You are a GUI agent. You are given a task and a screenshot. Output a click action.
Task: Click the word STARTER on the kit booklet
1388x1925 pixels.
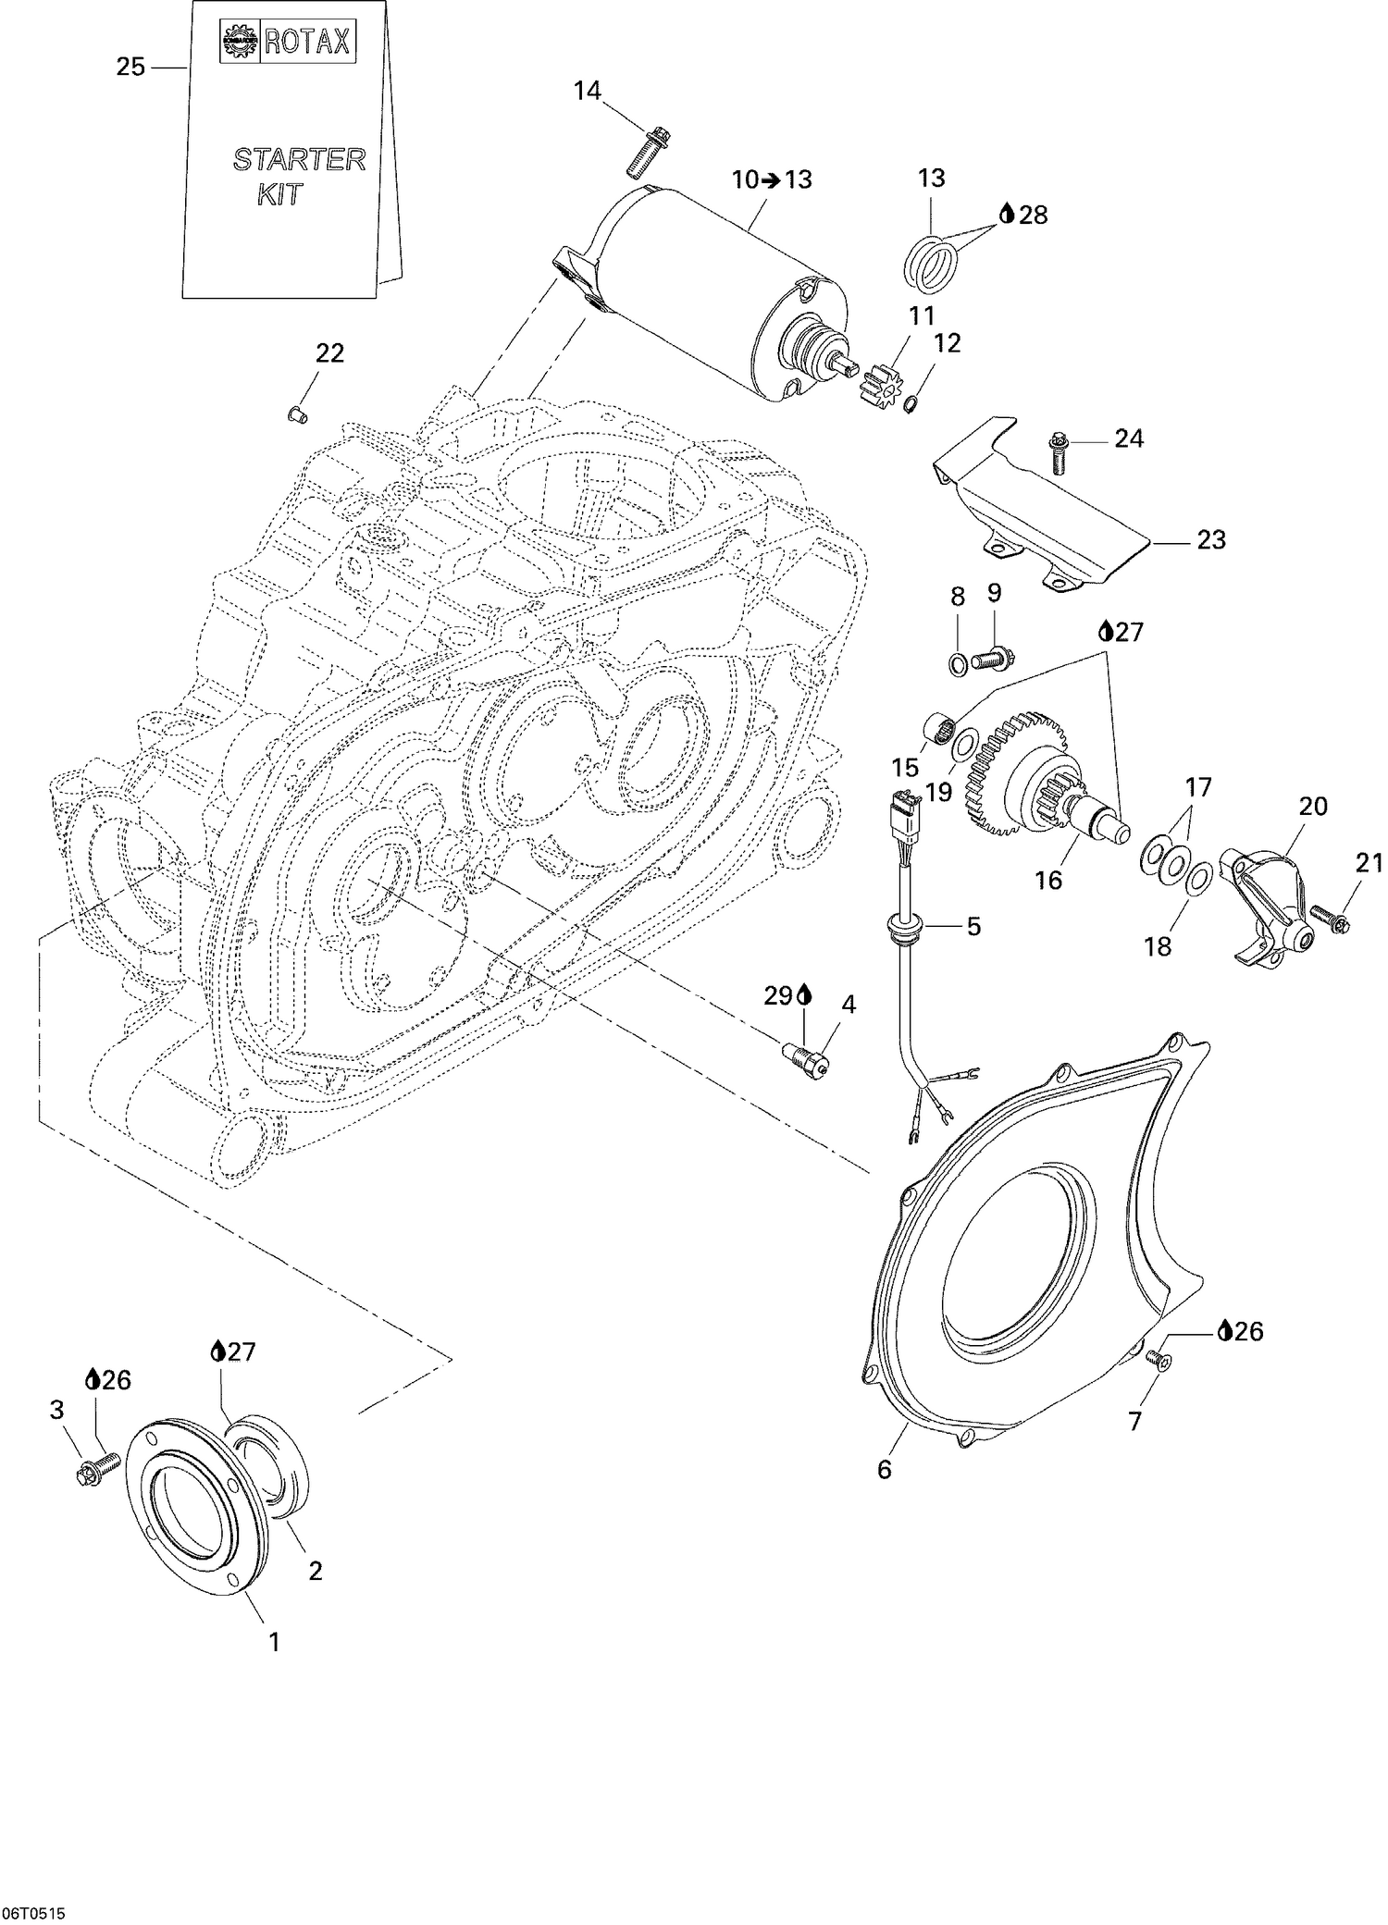click(299, 159)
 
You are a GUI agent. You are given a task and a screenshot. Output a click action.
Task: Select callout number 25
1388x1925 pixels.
click(131, 67)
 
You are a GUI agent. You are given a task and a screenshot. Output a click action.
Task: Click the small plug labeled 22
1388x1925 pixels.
click(297, 414)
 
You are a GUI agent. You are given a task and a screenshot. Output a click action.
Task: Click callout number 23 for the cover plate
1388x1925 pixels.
click(1211, 539)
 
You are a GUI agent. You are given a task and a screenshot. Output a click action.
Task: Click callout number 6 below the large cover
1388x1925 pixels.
click(885, 1469)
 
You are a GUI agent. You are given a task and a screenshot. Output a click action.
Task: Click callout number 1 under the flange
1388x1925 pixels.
click(273, 1642)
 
